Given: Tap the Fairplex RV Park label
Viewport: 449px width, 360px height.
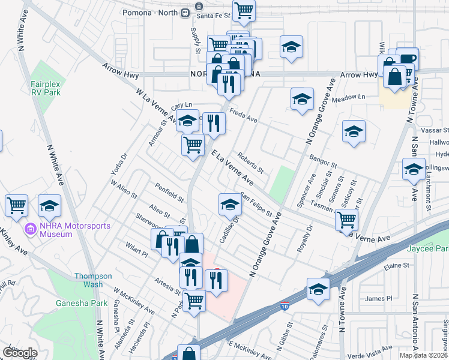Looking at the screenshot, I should [x=45, y=89].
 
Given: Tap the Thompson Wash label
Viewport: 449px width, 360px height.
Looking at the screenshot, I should [x=93, y=280].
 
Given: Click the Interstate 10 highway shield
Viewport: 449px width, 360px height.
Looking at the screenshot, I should [x=283, y=307].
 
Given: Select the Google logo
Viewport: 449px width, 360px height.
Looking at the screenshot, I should [x=20, y=353].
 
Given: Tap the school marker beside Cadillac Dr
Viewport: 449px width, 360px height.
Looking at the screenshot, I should [x=230, y=205].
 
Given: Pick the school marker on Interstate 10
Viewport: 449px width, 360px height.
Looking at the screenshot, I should [x=318, y=289].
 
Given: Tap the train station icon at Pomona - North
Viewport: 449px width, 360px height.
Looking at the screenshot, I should [x=200, y=11].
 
